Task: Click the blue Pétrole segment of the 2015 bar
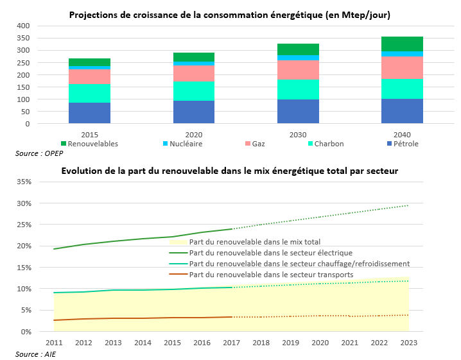click(x=89, y=112)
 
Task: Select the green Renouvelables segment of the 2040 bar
click(x=403, y=44)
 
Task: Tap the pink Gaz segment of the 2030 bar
click(x=298, y=69)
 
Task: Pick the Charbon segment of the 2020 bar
click(x=194, y=91)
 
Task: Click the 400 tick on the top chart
click(x=23, y=26)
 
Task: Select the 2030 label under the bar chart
click(x=298, y=134)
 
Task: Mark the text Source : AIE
click(x=35, y=354)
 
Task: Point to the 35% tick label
click(x=24, y=182)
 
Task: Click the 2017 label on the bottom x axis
click(x=231, y=343)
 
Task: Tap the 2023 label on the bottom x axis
click(x=408, y=343)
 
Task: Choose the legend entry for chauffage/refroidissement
click(x=299, y=264)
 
